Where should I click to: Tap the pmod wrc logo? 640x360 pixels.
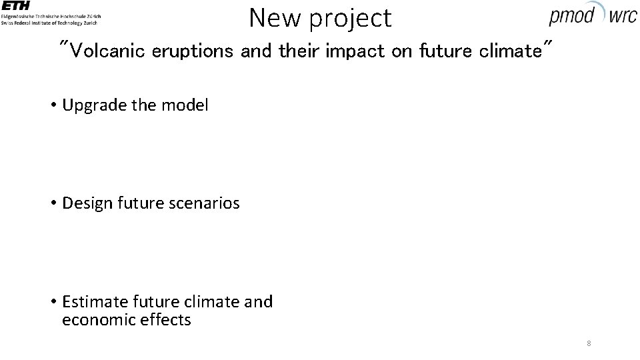pyautogui.click(x=593, y=14)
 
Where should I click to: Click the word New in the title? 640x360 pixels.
pyautogui.click(x=274, y=18)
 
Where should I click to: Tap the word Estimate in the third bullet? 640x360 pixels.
pyautogui.click(x=89, y=301)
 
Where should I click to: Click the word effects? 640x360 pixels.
pyautogui.click(x=166, y=320)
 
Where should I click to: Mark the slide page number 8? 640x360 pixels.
pyautogui.click(x=589, y=343)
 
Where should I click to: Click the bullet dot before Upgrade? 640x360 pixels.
pyautogui.click(x=52, y=105)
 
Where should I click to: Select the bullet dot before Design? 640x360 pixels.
pyautogui.click(x=52, y=203)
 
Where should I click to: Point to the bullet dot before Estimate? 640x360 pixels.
pyautogui.click(x=52, y=302)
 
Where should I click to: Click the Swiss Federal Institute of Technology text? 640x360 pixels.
pyautogui.click(x=49, y=23)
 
